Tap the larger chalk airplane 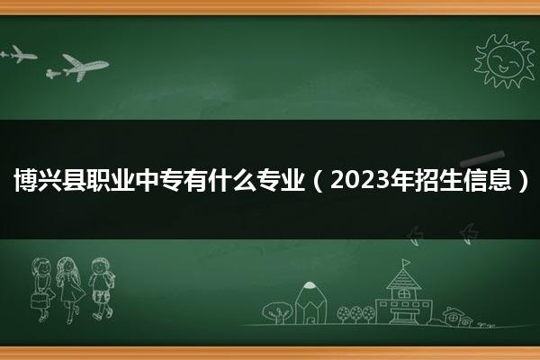pyautogui.click(x=85, y=67)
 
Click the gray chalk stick pyautogui.click(x=482, y=158)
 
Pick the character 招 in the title pyautogui.click(x=427, y=180)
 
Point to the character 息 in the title pyautogui.click(x=499, y=180)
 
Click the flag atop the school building pyautogui.click(x=407, y=263)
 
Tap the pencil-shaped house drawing pyautogui.click(x=310, y=302)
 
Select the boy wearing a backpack pyautogui.click(x=101, y=289)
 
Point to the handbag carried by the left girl pyautogui.click(x=40, y=301)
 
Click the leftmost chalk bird pyautogui.click(x=415, y=236)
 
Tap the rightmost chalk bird pyautogui.click(x=468, y=234)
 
